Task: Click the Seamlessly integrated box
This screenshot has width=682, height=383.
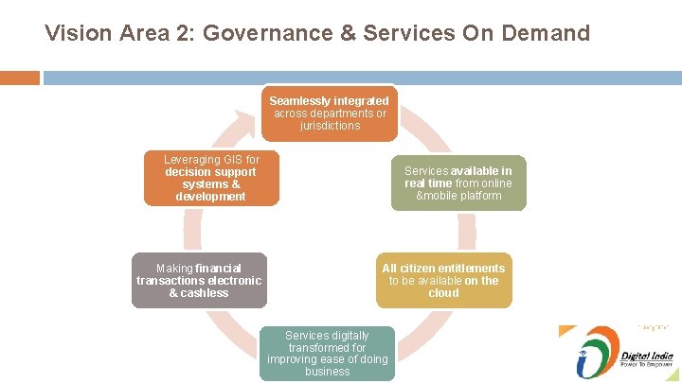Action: coord(329,113)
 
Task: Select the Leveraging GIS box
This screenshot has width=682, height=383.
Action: coord(211,178)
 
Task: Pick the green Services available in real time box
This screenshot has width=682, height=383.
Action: coord(458,183)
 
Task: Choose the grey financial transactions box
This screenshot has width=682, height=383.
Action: coord(199,280)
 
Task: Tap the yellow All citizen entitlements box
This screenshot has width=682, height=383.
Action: coord(443,280)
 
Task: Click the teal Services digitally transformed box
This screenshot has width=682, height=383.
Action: coord(328,354)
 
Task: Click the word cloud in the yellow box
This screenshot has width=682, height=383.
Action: coord(443,293)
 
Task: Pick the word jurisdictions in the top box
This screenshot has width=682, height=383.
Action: coord(330,126)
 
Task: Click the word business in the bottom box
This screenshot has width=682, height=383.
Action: coord(328,372)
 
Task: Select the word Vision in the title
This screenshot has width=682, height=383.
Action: coord(73,34)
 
